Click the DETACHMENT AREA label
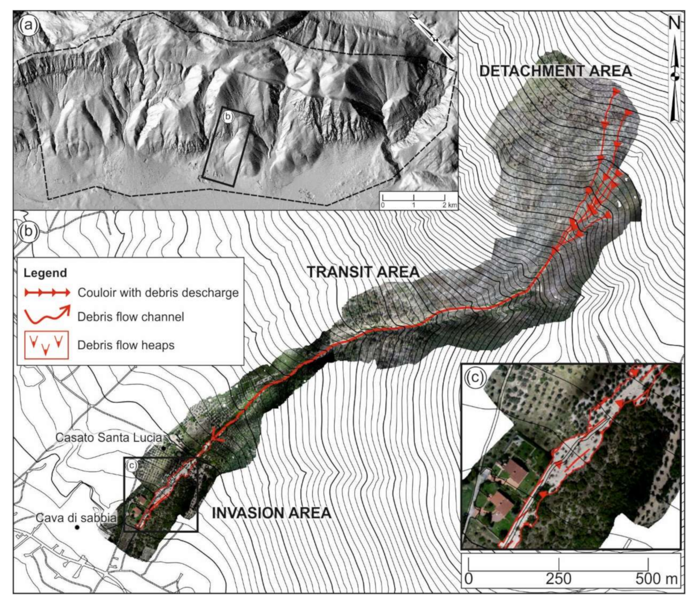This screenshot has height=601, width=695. (x=555, y=71)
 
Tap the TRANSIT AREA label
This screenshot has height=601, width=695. (x=363, y=272)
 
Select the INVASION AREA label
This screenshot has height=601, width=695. (x=271, y=513)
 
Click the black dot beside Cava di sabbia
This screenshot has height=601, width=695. (x=77, y=528)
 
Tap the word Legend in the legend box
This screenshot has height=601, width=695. (x=45, y=273)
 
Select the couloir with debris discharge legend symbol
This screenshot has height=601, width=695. (x=47, y=292)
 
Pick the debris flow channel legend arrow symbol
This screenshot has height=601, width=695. (x=47, y=315)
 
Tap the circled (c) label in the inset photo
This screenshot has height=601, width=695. (x=475, y=377)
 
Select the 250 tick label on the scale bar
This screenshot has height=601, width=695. (x=559, y=579)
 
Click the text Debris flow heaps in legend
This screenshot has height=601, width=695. (x=126, y=345)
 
